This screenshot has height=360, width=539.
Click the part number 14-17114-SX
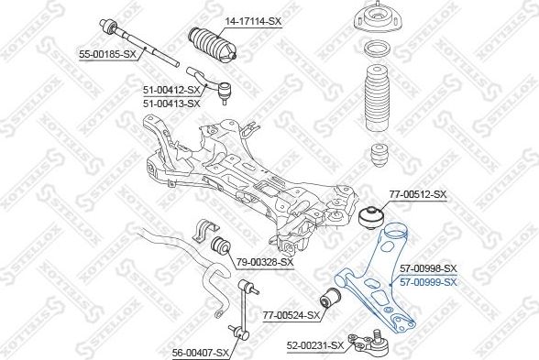[253, 22]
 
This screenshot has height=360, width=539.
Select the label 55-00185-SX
[107, 54]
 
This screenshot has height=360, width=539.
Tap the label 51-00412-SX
[171, 91]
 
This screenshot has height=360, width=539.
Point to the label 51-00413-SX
[171, 103]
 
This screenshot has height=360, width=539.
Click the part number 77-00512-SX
[418, 194]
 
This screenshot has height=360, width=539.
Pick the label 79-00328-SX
[265, 262]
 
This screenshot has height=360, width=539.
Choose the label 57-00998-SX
[428, 268]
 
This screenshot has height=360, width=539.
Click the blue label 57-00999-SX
[428, 282]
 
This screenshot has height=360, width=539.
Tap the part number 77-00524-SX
[291, 315]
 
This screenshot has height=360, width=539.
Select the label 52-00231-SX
[315, 345]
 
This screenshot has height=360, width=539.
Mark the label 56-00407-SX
[201, 353]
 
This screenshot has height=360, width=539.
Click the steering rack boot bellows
[213, 46]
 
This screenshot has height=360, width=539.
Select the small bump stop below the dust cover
[381, 155]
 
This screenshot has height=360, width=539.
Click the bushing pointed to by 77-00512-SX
[371, 217]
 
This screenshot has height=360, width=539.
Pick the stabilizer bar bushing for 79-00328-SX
[219, 245]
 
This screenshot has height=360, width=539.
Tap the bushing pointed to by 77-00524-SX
[330, 298]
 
